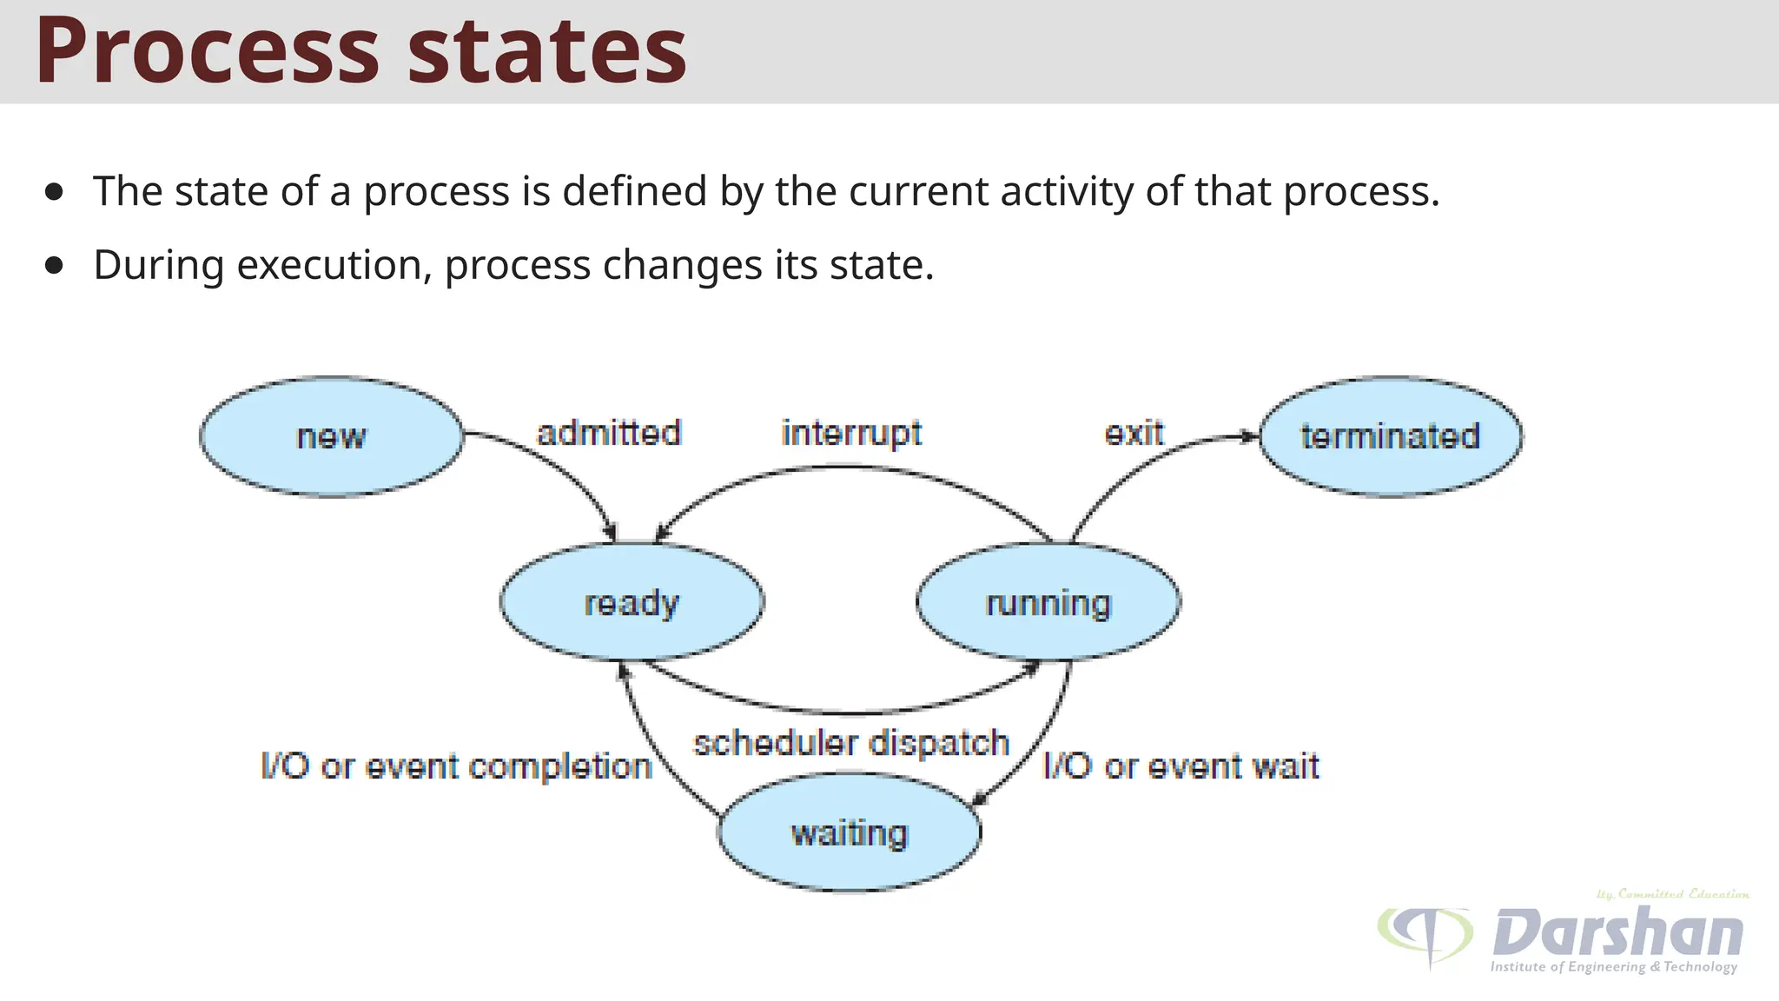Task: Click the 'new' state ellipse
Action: [x=331, y=436]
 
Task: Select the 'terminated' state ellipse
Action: [x=1390, y=436]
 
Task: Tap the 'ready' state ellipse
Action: [x=632, y=602]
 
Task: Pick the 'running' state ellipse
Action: [x=1048, y=602]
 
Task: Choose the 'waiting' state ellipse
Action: [x=850, y=832]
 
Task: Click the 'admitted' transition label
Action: [x=609, y=433]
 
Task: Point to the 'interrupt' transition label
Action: [x=851, y=433]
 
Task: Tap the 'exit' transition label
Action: [x=1134, y=433]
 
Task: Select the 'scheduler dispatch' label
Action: [x=851, y=743]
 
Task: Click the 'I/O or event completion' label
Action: [x=457, y=766]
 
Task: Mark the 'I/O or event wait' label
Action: [x=1180, y=766]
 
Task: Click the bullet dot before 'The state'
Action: [x=55, y=192]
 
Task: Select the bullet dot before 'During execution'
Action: [x=55, y=266]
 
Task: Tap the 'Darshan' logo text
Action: [x=1617, y=932]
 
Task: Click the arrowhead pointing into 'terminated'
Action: [x=1250, y=436]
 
